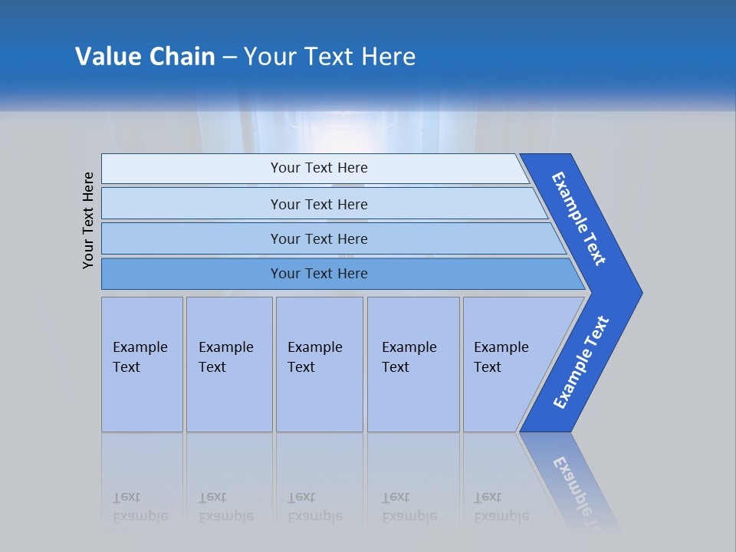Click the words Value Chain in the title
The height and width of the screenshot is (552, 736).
click(x=145, y=57)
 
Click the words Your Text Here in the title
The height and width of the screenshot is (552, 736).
click(x=330, y=57)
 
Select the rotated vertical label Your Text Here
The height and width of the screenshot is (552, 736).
click(x=88, y=220)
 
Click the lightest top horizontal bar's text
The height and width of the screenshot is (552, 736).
click(x=319, y=168)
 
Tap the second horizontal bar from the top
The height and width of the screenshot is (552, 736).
click(x=319, y=204)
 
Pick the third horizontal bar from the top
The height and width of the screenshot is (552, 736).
click(x=319, y=238)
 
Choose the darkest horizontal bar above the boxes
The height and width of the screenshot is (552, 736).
click(x=319, y=274)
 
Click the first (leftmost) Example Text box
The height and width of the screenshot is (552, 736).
click(x=142, y=364)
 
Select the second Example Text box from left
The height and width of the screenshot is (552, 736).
click(x=228, y=364)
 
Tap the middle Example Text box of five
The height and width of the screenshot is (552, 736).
click(x=319, y=364)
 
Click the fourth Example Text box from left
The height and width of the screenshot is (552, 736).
click(x=412, y=364)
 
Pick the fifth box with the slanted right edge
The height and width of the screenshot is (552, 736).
click(x=506, y=364)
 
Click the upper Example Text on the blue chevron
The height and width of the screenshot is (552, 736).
click(x=579, y=219)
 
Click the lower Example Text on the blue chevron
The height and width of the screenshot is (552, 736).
click(x=580, y=363)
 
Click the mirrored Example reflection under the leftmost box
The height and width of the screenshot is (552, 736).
click(x=140, y=516)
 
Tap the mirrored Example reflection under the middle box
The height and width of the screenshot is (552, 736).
click(x=315, y=516)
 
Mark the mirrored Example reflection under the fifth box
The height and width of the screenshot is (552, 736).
click(x=501, y=516)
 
